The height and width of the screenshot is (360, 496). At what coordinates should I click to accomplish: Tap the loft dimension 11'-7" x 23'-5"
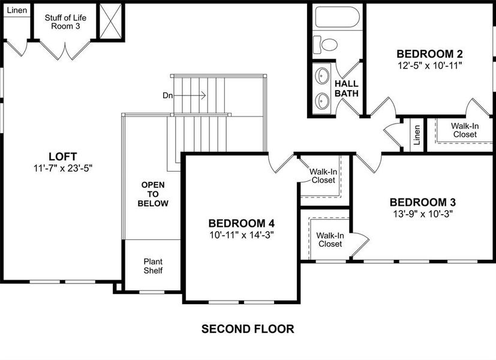[62, 168]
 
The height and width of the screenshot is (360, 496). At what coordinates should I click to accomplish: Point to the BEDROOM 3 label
[426, 202]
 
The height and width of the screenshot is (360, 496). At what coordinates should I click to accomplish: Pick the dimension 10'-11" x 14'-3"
[241, 235]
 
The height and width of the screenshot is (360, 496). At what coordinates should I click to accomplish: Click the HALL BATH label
[347, 88]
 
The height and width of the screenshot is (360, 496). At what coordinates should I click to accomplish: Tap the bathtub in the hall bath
[336, 18]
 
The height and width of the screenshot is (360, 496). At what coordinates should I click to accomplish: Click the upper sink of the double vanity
[323, 76]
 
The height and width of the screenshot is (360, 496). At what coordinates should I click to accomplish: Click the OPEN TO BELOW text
[153, 194]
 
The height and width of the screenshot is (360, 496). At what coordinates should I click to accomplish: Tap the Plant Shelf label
[152, 266]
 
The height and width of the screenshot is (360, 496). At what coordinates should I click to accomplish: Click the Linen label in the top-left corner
[16, 10]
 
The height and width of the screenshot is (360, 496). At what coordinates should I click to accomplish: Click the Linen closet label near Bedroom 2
[417, 134]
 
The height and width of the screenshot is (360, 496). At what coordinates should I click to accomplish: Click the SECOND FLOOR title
[247, 329]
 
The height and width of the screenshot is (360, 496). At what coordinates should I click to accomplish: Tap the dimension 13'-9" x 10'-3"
[426, 214]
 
